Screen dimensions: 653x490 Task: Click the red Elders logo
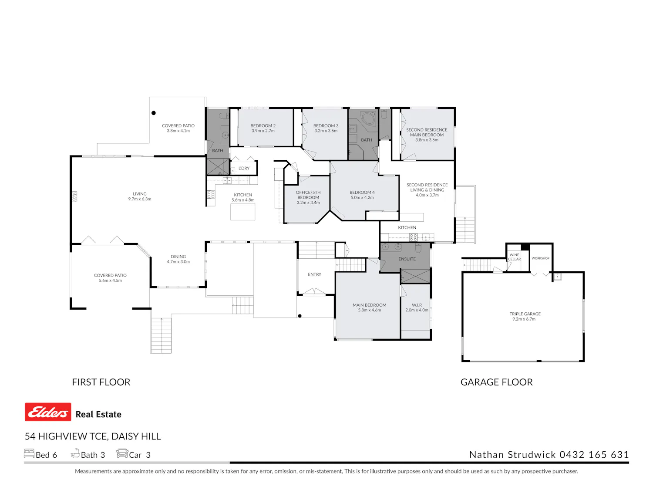[x=48, y=412]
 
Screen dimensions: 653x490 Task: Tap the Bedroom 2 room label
[x=263, y=126]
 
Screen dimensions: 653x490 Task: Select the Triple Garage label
[x=525, y=314]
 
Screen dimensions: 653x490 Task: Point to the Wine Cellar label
[x=515, y=257]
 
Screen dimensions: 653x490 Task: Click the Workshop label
[x=541, y=258]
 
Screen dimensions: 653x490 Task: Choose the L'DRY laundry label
[x=244, y=169]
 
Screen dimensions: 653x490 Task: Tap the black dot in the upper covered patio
[x=154, y=113]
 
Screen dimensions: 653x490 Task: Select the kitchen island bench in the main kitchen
[x=243, y=213]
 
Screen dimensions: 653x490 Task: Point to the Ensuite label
[x=407, y=259]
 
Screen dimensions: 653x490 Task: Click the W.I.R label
[x=417, y=305]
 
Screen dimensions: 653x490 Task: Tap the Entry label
[x=314, y=274]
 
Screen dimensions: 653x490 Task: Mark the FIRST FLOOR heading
[x=101, y=382]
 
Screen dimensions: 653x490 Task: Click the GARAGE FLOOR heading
[x=497, y=382]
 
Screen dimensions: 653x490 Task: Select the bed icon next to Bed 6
[x=29, y=454]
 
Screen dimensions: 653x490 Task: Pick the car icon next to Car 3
[x=122, y=453]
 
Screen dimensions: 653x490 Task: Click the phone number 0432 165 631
[x=594, y=455]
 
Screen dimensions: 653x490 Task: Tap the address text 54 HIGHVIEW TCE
[x=66, y=436]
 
